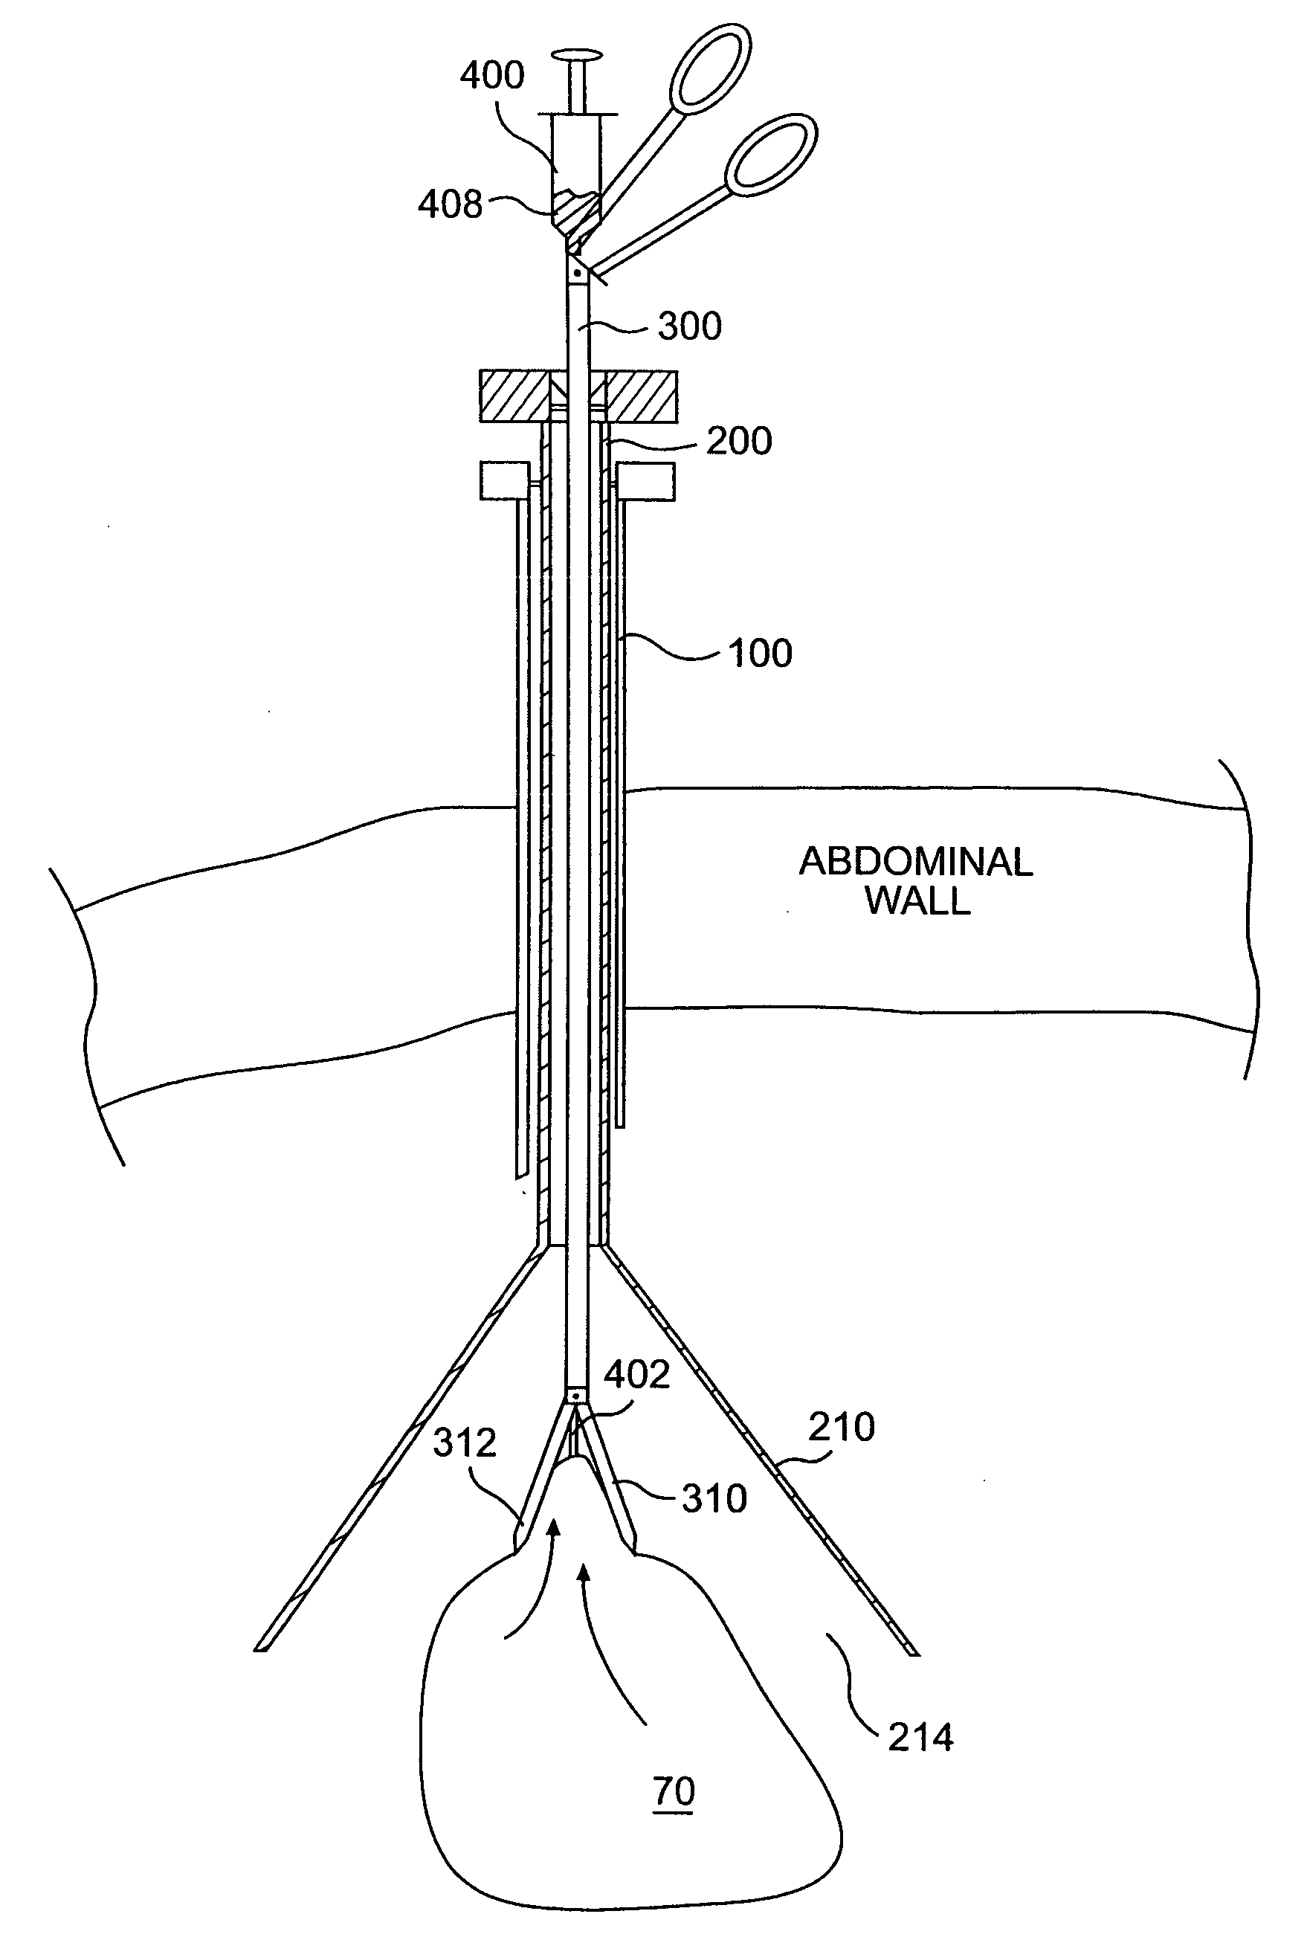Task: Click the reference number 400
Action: (x=491, y=76)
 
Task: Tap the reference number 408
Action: (x=450, y=204)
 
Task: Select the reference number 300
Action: (x=689, y=327)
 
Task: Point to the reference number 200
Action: (x=738, y=441)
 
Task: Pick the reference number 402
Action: (x=637, y=1375)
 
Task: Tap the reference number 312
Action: (x=464, y=1443)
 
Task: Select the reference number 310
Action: (x=714, y=1499)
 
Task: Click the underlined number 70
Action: (x=674, y=1791)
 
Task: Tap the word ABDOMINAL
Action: (x=915, y=862)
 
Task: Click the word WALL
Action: (x=917, y=901)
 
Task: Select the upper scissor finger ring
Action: (x=711, y=68)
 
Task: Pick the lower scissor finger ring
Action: (x=770, y=154)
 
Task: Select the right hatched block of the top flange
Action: (x=641, y=396)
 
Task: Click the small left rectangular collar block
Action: (x=504, y=481)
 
